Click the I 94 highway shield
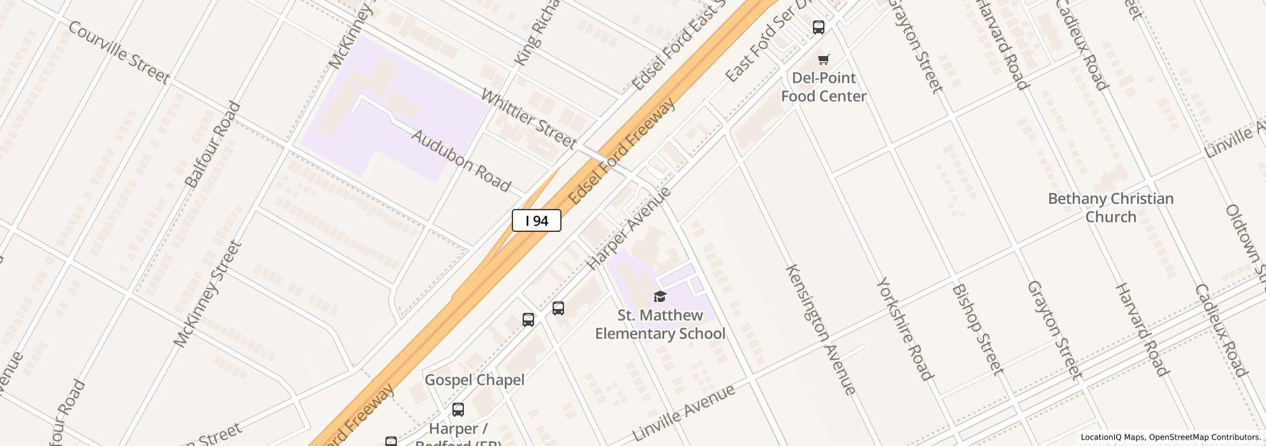coord(536,220)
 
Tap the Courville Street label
coord(119,53)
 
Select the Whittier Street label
coord(528,119)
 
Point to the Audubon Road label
coord(461,161)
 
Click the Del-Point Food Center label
coord(823,87)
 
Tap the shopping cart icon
coord(823,60)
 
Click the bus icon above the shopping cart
coord(818,27)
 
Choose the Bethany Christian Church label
coord(1110,208)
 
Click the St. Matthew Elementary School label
coord(660,324)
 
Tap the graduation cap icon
coord(660,296)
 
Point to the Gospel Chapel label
coord(474,380)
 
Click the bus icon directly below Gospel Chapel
coord(458,410)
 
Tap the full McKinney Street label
coord(208,294)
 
